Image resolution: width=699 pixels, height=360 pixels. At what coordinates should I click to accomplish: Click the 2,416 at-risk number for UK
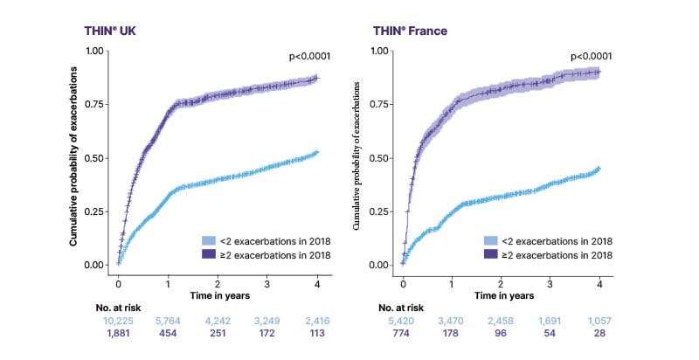click(x=318, y=322)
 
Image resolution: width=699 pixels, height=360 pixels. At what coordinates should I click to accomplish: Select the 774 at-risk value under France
click(x=402, y=335)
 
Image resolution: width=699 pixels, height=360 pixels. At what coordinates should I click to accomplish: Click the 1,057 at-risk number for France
click(x=599, y=322)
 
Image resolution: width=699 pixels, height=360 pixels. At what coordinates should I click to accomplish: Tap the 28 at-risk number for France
click(x=599, y=335)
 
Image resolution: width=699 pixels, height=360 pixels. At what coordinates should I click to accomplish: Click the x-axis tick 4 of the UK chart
click(x=317, y=283)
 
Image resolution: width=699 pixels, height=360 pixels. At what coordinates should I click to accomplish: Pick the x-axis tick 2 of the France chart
click(x=501, y=283)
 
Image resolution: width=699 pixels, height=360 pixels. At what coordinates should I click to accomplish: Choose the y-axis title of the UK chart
click(x=74, y=157)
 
